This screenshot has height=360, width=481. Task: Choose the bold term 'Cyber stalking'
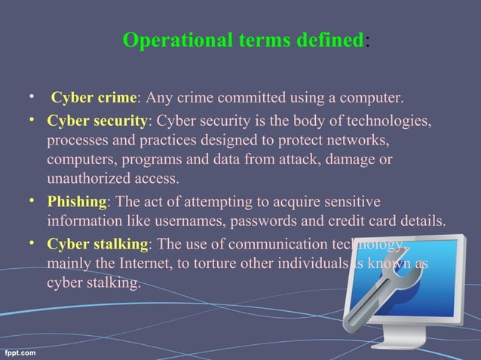pyautogui.click(x=97, y=243)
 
